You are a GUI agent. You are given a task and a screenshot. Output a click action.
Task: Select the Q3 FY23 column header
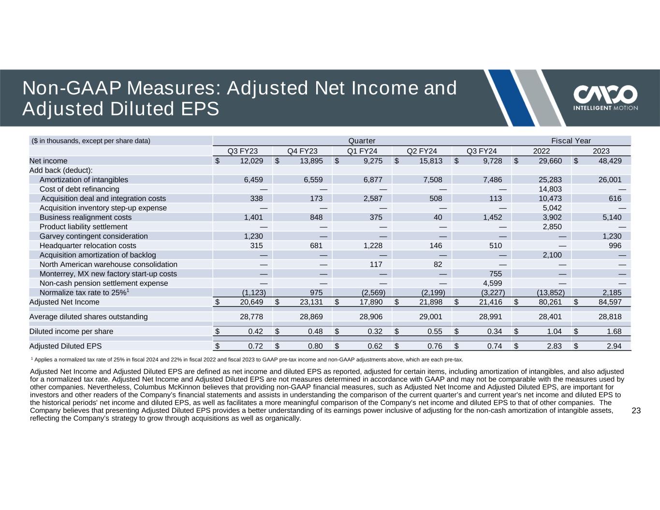(243, 151)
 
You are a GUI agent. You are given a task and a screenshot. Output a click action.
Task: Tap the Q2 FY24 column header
(422, 151)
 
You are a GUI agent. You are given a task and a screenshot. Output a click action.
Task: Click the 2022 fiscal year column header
(541, 151)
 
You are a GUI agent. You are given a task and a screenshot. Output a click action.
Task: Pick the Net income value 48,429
(609, 161)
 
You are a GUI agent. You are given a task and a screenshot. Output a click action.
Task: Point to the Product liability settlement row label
(84, 227)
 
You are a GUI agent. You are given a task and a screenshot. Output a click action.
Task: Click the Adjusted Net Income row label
(64, 302)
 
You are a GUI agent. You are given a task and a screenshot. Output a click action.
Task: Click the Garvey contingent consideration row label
(94, 236)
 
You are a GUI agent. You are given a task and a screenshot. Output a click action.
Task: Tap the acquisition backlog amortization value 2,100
(552, 255)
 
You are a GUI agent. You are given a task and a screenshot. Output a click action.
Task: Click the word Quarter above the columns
(362, 141)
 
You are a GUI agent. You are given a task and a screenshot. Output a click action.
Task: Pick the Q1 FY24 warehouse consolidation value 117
(376, 264)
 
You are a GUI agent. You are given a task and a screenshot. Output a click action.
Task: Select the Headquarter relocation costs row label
(88, 246)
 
